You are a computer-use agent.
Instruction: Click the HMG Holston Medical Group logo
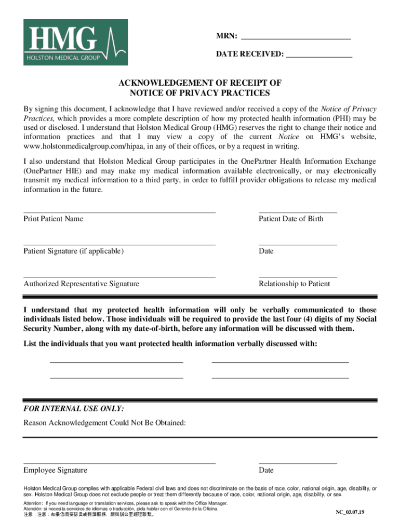point(75,42)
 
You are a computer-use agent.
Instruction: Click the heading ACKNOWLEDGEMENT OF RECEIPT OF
point(199,83)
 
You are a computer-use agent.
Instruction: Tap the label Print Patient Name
point(53,219)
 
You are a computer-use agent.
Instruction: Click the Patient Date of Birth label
point(291,219)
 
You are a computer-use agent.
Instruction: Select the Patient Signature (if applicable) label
point(73,251)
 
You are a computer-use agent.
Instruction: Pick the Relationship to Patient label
point(294,284)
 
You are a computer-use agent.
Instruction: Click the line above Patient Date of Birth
point(298,212)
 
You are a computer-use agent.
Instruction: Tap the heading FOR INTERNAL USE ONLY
point(74,408)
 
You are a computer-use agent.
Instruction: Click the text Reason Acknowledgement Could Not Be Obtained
point(104,423)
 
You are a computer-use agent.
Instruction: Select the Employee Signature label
point(55,470)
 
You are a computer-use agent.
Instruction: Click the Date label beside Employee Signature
point(266,470)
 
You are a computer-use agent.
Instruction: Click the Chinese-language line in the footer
point(88,515)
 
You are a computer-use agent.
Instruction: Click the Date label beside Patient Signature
point(266,251)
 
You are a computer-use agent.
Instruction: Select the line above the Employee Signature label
point(119,463)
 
